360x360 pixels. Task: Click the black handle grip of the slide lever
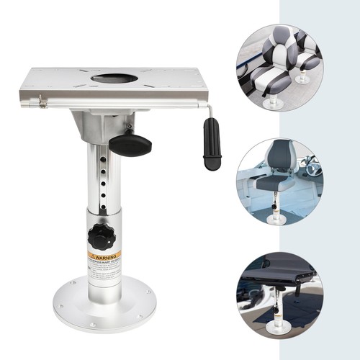pyautogui.click(x=212, y=143)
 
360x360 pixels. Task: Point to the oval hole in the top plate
pyautogui.click(x=115, y=78)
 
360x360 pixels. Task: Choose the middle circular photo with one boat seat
pyautogui.click(x=279, y=181)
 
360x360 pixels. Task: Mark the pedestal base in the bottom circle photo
pyautogui.click(x=277, y=325)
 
